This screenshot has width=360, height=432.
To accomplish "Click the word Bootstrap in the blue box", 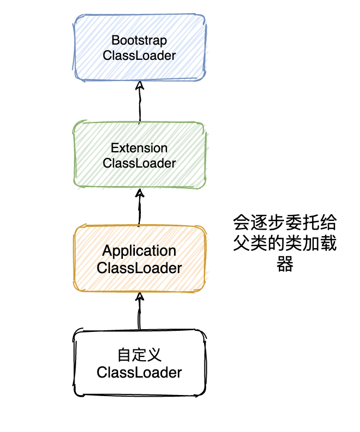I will (139, 40).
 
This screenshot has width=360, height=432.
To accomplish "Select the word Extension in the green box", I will (139, 148).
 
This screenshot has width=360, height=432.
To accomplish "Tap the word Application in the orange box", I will (139, 251).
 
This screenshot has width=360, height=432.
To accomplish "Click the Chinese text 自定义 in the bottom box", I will (139, 355).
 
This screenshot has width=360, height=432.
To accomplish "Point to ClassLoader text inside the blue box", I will (139, 55).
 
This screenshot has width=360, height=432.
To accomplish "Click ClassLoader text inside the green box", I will (139, 163).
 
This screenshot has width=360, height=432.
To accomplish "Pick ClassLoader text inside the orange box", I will (139, 268).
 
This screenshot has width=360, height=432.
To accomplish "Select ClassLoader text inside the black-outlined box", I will (139, 373).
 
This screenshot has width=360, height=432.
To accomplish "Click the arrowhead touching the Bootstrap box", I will (140, 85).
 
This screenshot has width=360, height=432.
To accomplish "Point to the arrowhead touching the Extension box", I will (140, 193).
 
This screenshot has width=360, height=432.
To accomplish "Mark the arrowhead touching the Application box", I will (140, 297).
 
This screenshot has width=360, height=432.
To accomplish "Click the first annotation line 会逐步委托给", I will (284, 223).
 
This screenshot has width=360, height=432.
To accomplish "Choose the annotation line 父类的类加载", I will (284, 244).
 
